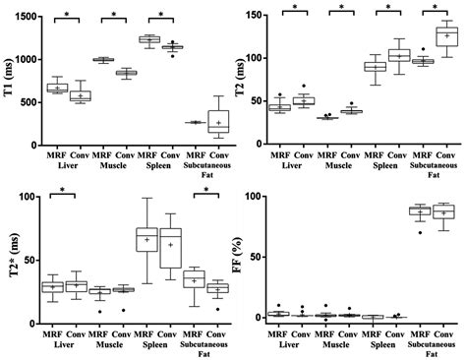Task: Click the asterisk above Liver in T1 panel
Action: (67, 15)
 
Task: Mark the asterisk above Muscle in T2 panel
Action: (341, 8)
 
